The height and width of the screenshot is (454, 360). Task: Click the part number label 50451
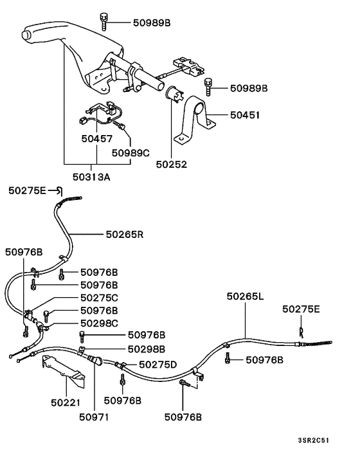click(244, 116)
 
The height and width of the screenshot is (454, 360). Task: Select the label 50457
click(96, 138)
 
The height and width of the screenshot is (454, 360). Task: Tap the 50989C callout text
click(130, 153)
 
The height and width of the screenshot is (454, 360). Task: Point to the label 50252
click(172, 164)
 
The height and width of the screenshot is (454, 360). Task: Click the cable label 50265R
click(125, 235)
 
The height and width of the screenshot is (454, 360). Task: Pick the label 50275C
click(99, 298)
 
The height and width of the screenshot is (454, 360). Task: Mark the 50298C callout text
click(99, 323)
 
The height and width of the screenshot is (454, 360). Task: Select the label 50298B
click(146, 349)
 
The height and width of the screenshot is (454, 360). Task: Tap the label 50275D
click(157, 365)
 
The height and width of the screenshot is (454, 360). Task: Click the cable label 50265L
click(246, 296)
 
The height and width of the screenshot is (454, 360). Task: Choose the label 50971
click(94, 417)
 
